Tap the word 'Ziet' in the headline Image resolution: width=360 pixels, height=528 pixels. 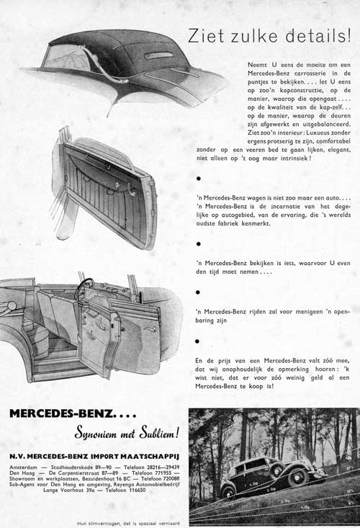[x=203, y=35]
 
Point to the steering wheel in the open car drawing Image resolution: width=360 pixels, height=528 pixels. [x=85, y=288]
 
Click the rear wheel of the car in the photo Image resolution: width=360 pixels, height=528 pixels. [x=229, y=492]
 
